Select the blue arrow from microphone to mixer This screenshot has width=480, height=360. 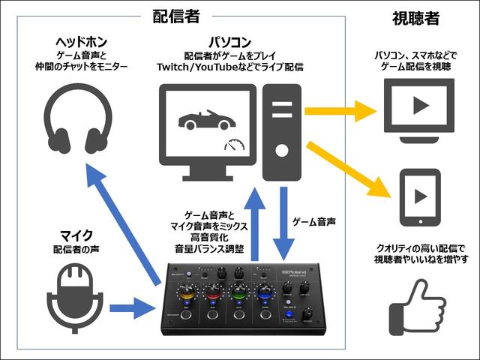tap(132, 306)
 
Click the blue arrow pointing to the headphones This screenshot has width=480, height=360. tap(123, 225)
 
